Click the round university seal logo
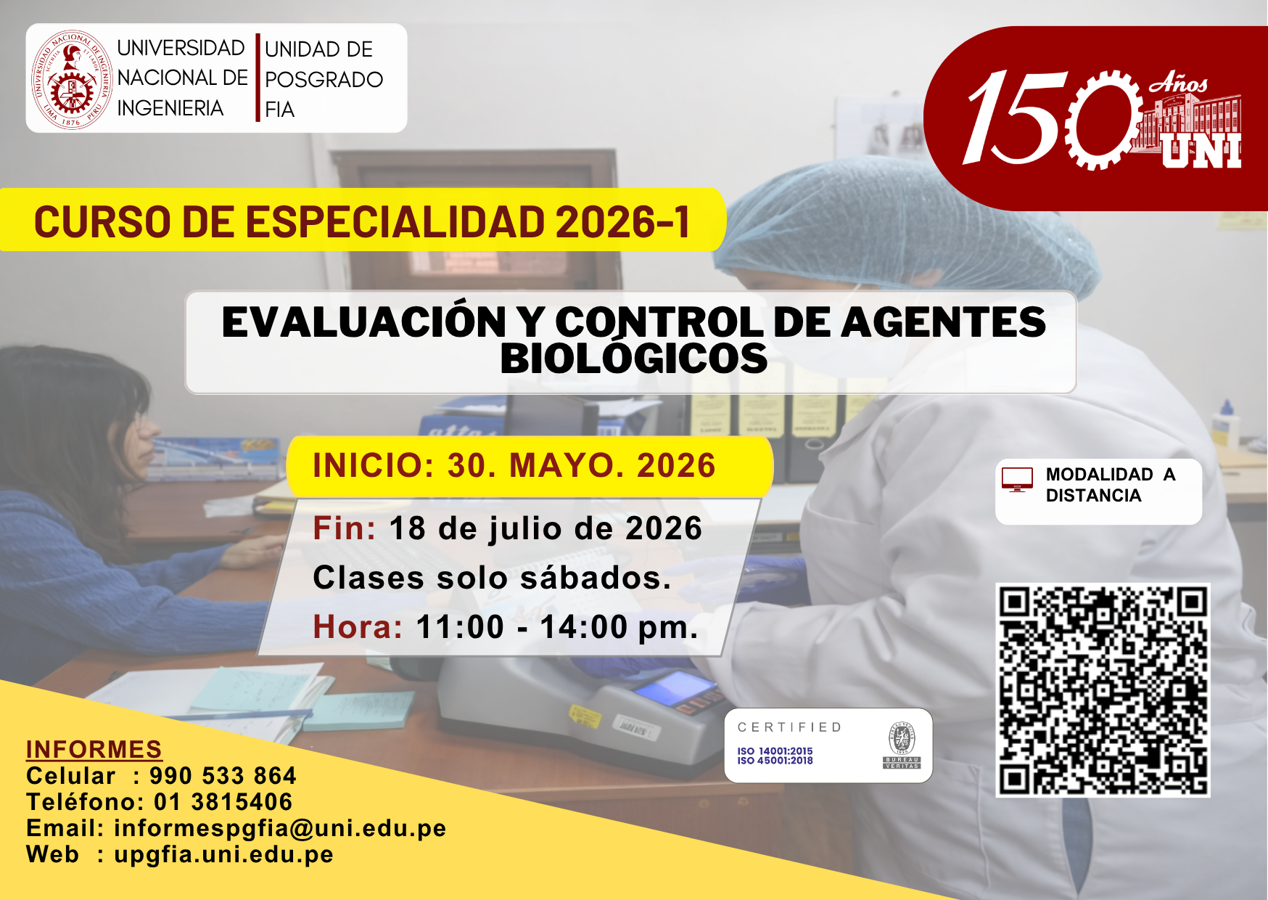coord(72,80)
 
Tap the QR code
coord(1103,690)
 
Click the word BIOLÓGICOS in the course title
coord(634,359)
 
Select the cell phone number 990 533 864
coord(223,775)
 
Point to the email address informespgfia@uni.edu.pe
coord(280,828)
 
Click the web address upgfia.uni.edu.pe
coord(223,854)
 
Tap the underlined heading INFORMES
coord(94,749)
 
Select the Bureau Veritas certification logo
coord(902,745)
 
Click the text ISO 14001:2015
coord(775,751)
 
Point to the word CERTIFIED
coord(790,727)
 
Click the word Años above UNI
coord(1178,84)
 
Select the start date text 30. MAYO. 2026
coord(582,465)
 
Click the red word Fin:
coord(345,528)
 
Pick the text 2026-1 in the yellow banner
coord(622,221)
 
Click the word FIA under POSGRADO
coord(280,110)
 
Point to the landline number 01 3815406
coord(223,802)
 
